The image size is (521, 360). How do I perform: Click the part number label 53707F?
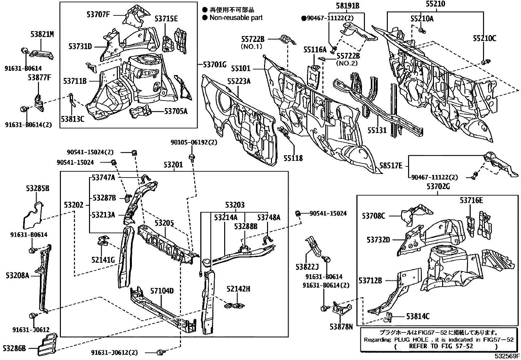(98, 14)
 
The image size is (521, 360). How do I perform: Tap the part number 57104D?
(162, 291)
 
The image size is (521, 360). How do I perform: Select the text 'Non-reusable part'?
(236, 18)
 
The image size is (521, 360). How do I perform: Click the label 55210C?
(484, 39)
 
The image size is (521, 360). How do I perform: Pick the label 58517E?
(391, 166)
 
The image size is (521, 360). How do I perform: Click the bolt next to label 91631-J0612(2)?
(160, 352)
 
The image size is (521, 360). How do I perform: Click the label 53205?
(164, 223)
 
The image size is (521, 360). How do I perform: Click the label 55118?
(293, 159)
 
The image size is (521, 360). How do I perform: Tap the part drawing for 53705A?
(141, 112)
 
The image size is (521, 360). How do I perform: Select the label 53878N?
(341, 326)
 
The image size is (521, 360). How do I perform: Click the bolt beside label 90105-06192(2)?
(192, 157)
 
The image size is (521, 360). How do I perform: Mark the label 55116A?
(315, 50)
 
